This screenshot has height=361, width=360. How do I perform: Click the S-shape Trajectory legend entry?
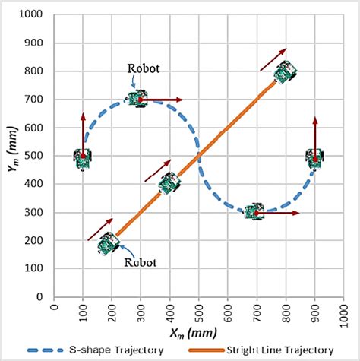pos(95,350)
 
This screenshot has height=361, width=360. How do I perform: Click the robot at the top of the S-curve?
pos(137,98)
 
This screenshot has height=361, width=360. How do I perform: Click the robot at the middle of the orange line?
pos(169,183)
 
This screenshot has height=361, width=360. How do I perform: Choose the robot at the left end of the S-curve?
pos(83,158)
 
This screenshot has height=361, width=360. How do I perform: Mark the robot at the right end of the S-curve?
pos(314,158)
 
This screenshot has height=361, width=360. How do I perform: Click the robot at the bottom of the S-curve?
pos(254,212)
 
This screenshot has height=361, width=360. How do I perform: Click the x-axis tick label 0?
pos(53,308)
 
